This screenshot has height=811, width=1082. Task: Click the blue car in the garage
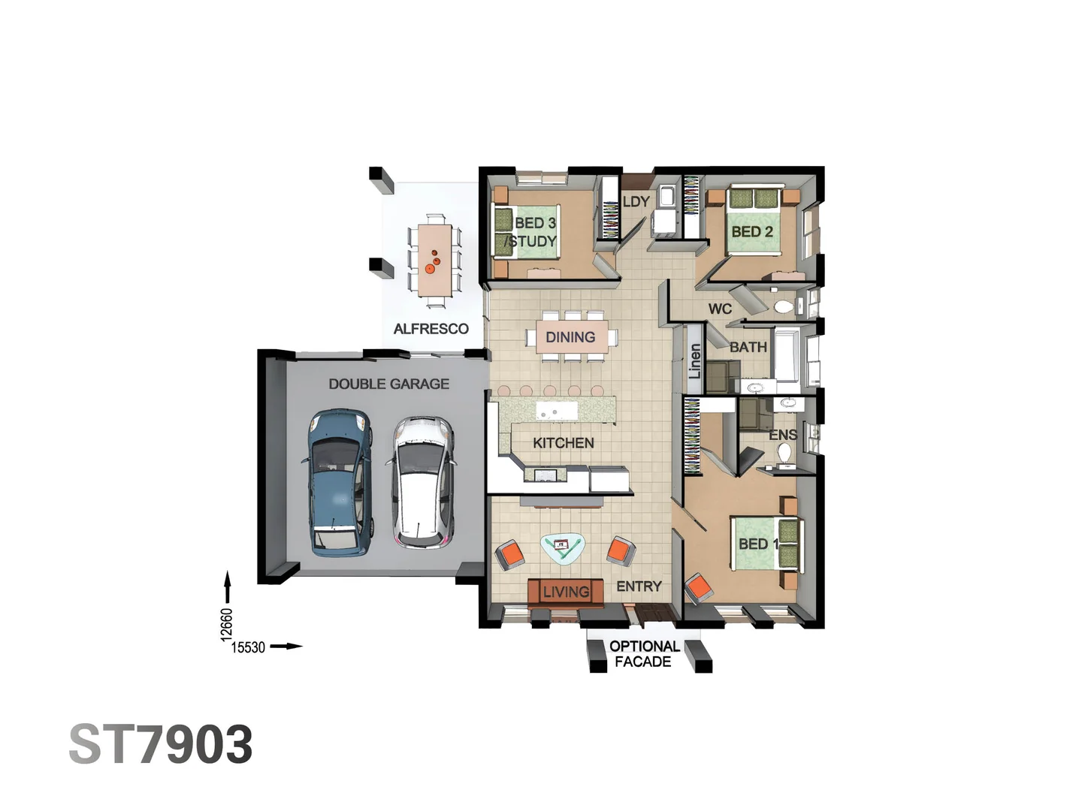click(339, 482)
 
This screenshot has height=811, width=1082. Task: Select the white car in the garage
click(423, 482)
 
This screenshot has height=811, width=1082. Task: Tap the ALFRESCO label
click(431, 329)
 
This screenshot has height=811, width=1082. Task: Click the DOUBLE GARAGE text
click(388, 384)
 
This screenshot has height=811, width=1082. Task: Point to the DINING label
click(570, 337)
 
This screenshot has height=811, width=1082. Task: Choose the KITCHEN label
click(563, 443)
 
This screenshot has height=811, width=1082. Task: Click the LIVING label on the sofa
click(566, 592)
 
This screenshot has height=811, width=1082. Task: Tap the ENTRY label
click(639, 586)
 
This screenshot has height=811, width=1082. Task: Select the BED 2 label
click(751, 232)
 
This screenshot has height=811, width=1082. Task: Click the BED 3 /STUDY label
click(533, 232)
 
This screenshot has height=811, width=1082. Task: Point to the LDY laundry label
click(636, 202)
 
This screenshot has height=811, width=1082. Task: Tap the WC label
click(720, 309)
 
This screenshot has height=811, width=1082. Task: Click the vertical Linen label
click(695, 361)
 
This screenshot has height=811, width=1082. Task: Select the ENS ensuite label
click(782, 435)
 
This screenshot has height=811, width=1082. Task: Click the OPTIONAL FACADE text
click(644, 654)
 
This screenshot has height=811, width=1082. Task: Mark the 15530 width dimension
click(248, 647)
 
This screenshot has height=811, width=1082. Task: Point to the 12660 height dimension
click(227, 624)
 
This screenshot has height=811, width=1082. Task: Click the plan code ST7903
click(161, 745)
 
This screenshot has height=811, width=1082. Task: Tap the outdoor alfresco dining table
click(435, 260)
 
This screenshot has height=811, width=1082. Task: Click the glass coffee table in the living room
click(563, 548)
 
